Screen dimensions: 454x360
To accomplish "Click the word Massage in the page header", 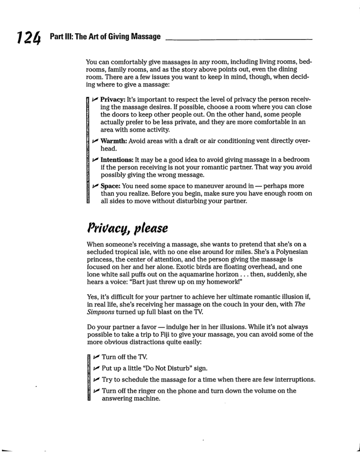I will [142, 37].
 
